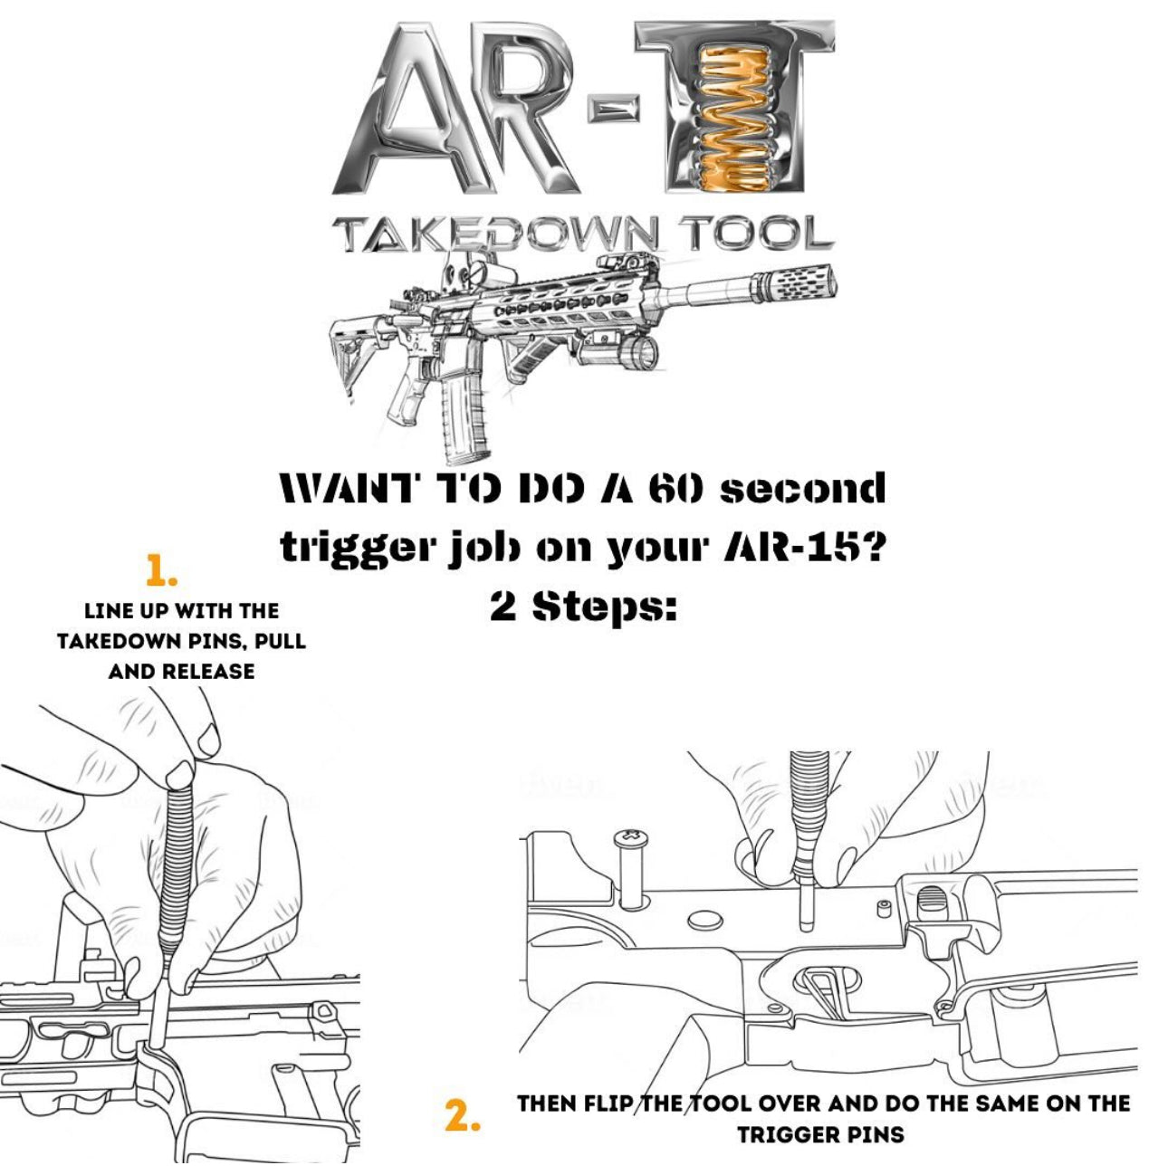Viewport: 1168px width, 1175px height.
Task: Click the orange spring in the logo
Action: tap(735, 118)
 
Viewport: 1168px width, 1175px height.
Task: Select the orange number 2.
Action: tap(463, 1115)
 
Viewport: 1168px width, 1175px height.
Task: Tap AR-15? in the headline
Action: tap(803, 549)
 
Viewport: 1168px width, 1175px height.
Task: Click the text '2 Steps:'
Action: tap(584, 607)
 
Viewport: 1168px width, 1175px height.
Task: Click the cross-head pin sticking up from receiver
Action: tap(632, 865)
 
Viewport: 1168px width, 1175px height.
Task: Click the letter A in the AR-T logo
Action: tap(397, 113)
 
